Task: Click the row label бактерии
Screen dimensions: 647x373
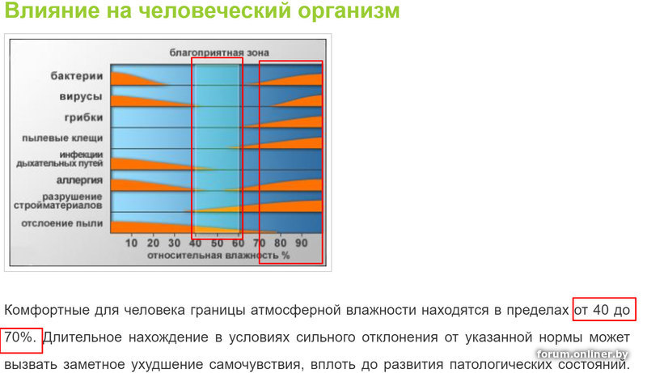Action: pos(76,76)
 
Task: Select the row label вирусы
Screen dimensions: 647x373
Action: pos(80,96)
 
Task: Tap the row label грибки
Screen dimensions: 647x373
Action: pos(83,117)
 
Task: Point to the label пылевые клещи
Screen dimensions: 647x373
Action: pos(62,138)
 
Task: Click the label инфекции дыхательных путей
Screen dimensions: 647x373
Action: pos(59,159)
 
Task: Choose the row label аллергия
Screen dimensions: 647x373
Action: pos(79,180)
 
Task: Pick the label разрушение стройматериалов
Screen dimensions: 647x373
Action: pos(57,201)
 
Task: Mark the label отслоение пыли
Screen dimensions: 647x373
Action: pos(62,223)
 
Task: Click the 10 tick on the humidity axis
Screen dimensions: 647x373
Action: pos(131,243)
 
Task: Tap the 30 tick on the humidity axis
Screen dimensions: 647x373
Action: pos(174,243)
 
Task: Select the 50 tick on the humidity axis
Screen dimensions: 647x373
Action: pos(217,243)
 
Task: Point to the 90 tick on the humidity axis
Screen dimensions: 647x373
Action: pos(302,243)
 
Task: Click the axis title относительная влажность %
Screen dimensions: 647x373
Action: pos(218,256)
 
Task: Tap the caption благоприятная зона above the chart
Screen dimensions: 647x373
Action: pos(219,53)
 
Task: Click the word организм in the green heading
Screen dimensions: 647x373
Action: pos(349,11)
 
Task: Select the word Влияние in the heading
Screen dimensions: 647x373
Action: pos(52,10)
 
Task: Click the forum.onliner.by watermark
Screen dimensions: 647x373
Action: pos(582,354)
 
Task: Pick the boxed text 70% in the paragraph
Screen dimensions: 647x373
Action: pos(18,337)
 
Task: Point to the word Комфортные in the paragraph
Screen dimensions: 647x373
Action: pos(47,310)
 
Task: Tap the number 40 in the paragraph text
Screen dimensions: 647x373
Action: pos(601,309)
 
